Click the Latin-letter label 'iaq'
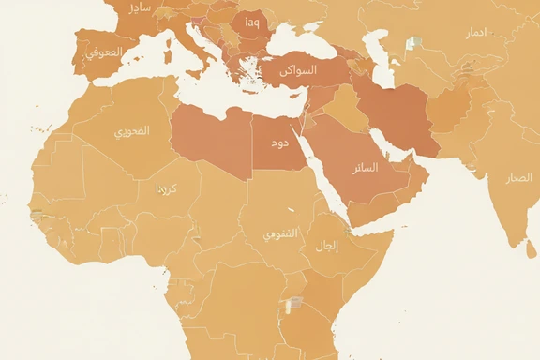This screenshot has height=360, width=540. click(x=252, y=22)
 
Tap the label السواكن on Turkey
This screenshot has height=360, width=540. click(x=299, y=70)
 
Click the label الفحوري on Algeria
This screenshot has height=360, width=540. click(x=131, y=131)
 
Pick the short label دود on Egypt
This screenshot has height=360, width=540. click(x=279, y=143)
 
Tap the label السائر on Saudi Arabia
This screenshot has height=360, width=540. click(x=365, y=169)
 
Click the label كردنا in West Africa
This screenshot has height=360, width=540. click(x=165, y=188)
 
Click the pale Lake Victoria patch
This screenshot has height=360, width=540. click(x=294, y=304)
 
